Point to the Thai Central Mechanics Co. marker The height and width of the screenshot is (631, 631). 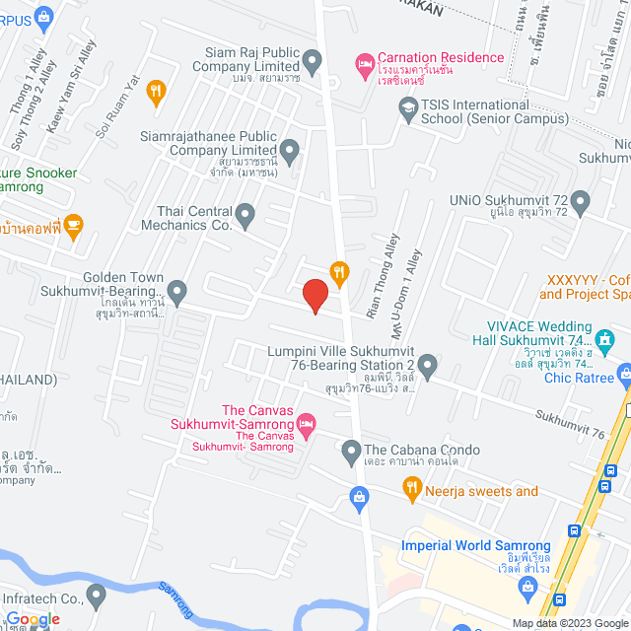click(245, 214)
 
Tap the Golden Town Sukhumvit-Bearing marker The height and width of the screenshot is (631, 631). click(176, 291)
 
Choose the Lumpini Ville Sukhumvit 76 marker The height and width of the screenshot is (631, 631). click(427, 369)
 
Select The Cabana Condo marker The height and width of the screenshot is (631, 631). click(350, 453)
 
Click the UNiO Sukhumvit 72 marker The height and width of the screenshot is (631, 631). click(580, 204)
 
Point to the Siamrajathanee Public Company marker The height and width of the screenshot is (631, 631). click(290, 152)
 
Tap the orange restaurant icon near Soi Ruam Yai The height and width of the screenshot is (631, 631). click(155, 94)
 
